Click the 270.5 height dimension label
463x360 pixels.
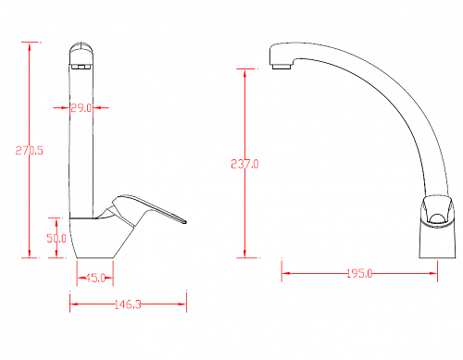30,151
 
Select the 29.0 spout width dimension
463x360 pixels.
81,108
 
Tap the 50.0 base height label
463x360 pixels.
56,238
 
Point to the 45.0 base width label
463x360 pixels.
95,278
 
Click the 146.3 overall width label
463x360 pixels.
128,304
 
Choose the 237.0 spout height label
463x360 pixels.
244,164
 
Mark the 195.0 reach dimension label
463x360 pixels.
359,273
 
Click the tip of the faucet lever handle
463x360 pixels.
185,221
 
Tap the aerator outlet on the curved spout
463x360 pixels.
282,67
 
